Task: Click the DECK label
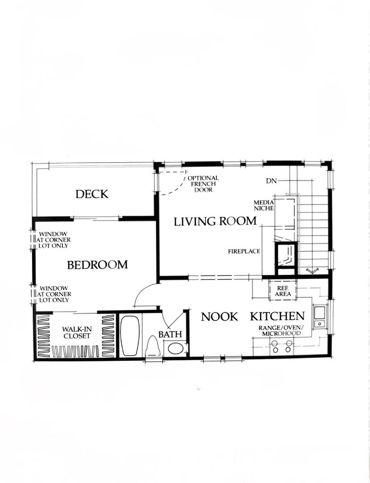click(91, 194)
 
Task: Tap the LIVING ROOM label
click(215, 221)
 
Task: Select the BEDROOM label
click(97, 265)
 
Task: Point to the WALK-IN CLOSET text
click(76, 332)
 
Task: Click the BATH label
click(170, 334)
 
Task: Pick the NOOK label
click(219, 317)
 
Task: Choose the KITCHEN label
click(277, 317)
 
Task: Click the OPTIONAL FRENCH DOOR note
click(203, 184)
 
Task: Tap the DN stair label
click(271, 181)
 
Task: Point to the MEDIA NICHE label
click(264, 205)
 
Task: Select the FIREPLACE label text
click(244, 251)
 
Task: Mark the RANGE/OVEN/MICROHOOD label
click(281, 331)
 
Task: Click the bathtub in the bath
click(129, 336)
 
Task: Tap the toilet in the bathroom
click(152, 347)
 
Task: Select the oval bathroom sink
click(176, 348)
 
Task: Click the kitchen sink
click(320, 317)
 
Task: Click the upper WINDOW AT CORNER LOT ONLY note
click(53, 240)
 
